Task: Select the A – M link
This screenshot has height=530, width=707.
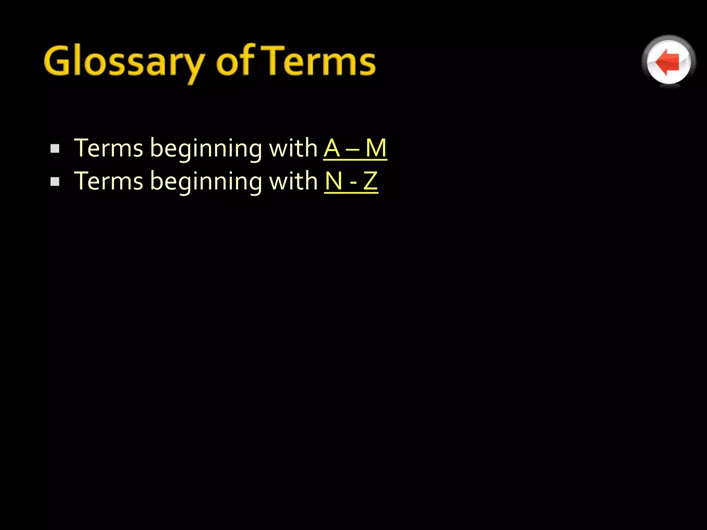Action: tap(355, 148)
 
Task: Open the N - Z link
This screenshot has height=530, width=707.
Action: tap(351, 181)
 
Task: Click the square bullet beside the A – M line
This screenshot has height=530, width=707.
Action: tap(55, 149)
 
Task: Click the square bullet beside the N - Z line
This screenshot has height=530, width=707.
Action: tap(55, 181)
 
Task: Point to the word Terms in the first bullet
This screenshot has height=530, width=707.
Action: tap(108, 148)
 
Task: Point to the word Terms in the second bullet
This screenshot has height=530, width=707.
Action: tap(108, 181)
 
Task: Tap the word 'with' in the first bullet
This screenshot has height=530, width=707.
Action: tap(293, 148)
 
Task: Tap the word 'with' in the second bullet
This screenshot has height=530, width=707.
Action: tap(293, 181)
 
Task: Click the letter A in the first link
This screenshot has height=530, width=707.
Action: tap(332, 148)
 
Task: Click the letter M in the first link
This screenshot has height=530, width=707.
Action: tap(376, 148)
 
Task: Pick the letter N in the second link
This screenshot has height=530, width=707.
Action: tap(334, 181)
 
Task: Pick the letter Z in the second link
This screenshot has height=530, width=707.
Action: tap(370, 181)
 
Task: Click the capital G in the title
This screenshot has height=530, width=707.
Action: tap(57, 61)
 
